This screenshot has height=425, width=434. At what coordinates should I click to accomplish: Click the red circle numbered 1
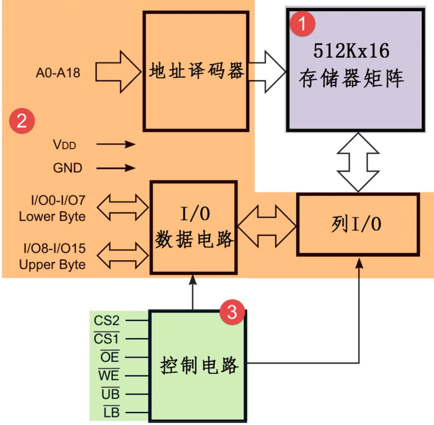tap(303, 24)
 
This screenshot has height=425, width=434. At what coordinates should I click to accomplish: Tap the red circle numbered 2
tap(22, 121)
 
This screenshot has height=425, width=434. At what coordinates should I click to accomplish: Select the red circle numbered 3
tap(232, 312)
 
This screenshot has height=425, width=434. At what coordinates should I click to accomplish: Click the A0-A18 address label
tap(58, 73)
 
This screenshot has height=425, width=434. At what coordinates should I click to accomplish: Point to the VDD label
tap(64, 144)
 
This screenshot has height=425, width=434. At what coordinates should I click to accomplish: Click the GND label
tap(68, 168)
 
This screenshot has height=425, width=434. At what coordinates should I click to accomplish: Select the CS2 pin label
tap(107, 321)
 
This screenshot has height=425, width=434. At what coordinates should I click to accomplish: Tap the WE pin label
tap(109, 375)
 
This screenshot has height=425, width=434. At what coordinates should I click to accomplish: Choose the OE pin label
tap(110, 357)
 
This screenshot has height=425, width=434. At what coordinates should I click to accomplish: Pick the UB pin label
tap(111, 393)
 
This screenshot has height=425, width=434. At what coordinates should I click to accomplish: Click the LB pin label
tap(112, 412)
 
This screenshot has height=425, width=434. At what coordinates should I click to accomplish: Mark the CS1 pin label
tap(107, 338)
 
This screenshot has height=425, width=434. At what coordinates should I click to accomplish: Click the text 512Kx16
tap(351, 51)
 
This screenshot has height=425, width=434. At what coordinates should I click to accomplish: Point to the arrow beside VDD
tap(116, 144)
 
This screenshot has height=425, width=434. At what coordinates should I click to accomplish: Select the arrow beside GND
tap(116, 168)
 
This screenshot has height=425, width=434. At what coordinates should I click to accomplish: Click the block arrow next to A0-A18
tap(118, 72)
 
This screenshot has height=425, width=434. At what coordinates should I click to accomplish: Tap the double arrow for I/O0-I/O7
tap(123, 207)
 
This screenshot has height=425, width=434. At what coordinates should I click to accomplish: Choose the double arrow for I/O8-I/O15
tap(123, 256)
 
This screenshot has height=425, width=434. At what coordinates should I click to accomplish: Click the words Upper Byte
tap(52, 265)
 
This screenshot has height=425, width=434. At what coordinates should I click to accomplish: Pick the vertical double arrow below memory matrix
tap(358, 162)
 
